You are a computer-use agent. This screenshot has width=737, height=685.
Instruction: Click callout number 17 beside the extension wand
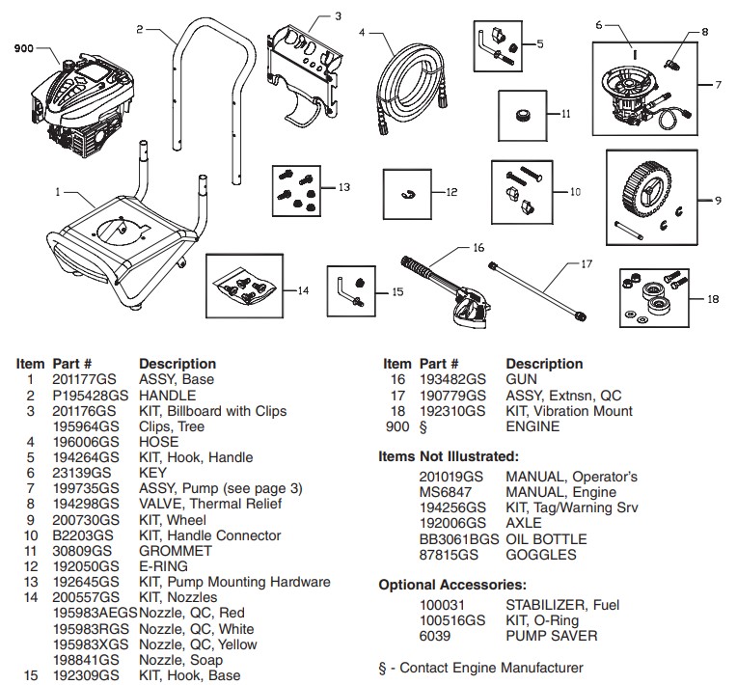click(x=586, y=262)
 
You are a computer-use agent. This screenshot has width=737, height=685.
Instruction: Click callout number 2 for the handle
click(x=139, y=30)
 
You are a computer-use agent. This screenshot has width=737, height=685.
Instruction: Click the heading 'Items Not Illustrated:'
click(x=448, y=455)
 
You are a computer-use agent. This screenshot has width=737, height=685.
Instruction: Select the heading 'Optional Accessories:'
click(x=451, y=585)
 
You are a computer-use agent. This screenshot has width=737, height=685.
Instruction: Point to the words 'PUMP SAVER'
click(x=551, y=636)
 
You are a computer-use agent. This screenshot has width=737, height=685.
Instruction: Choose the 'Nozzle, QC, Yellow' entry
click(x=198, y=644)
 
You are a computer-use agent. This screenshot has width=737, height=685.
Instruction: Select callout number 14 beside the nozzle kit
click(x=302, y=289)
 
